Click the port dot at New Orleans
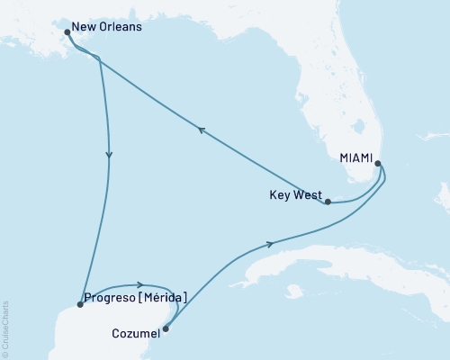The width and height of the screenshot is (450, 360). coord(67,32)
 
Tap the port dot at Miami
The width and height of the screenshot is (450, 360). coord(378,164)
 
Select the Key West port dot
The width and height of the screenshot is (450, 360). coord(328,202)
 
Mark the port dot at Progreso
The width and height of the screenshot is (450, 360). coord(80,304)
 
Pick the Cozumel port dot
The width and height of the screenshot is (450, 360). coord(165,328)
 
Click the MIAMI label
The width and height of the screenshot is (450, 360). coord(356,157)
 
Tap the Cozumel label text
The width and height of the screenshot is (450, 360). coord(137,332)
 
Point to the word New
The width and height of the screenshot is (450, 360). coord(87,27)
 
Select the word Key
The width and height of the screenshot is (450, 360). coord(280,193)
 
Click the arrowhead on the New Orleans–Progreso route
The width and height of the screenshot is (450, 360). coord(109,155)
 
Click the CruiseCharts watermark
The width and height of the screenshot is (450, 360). coord(5,327)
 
